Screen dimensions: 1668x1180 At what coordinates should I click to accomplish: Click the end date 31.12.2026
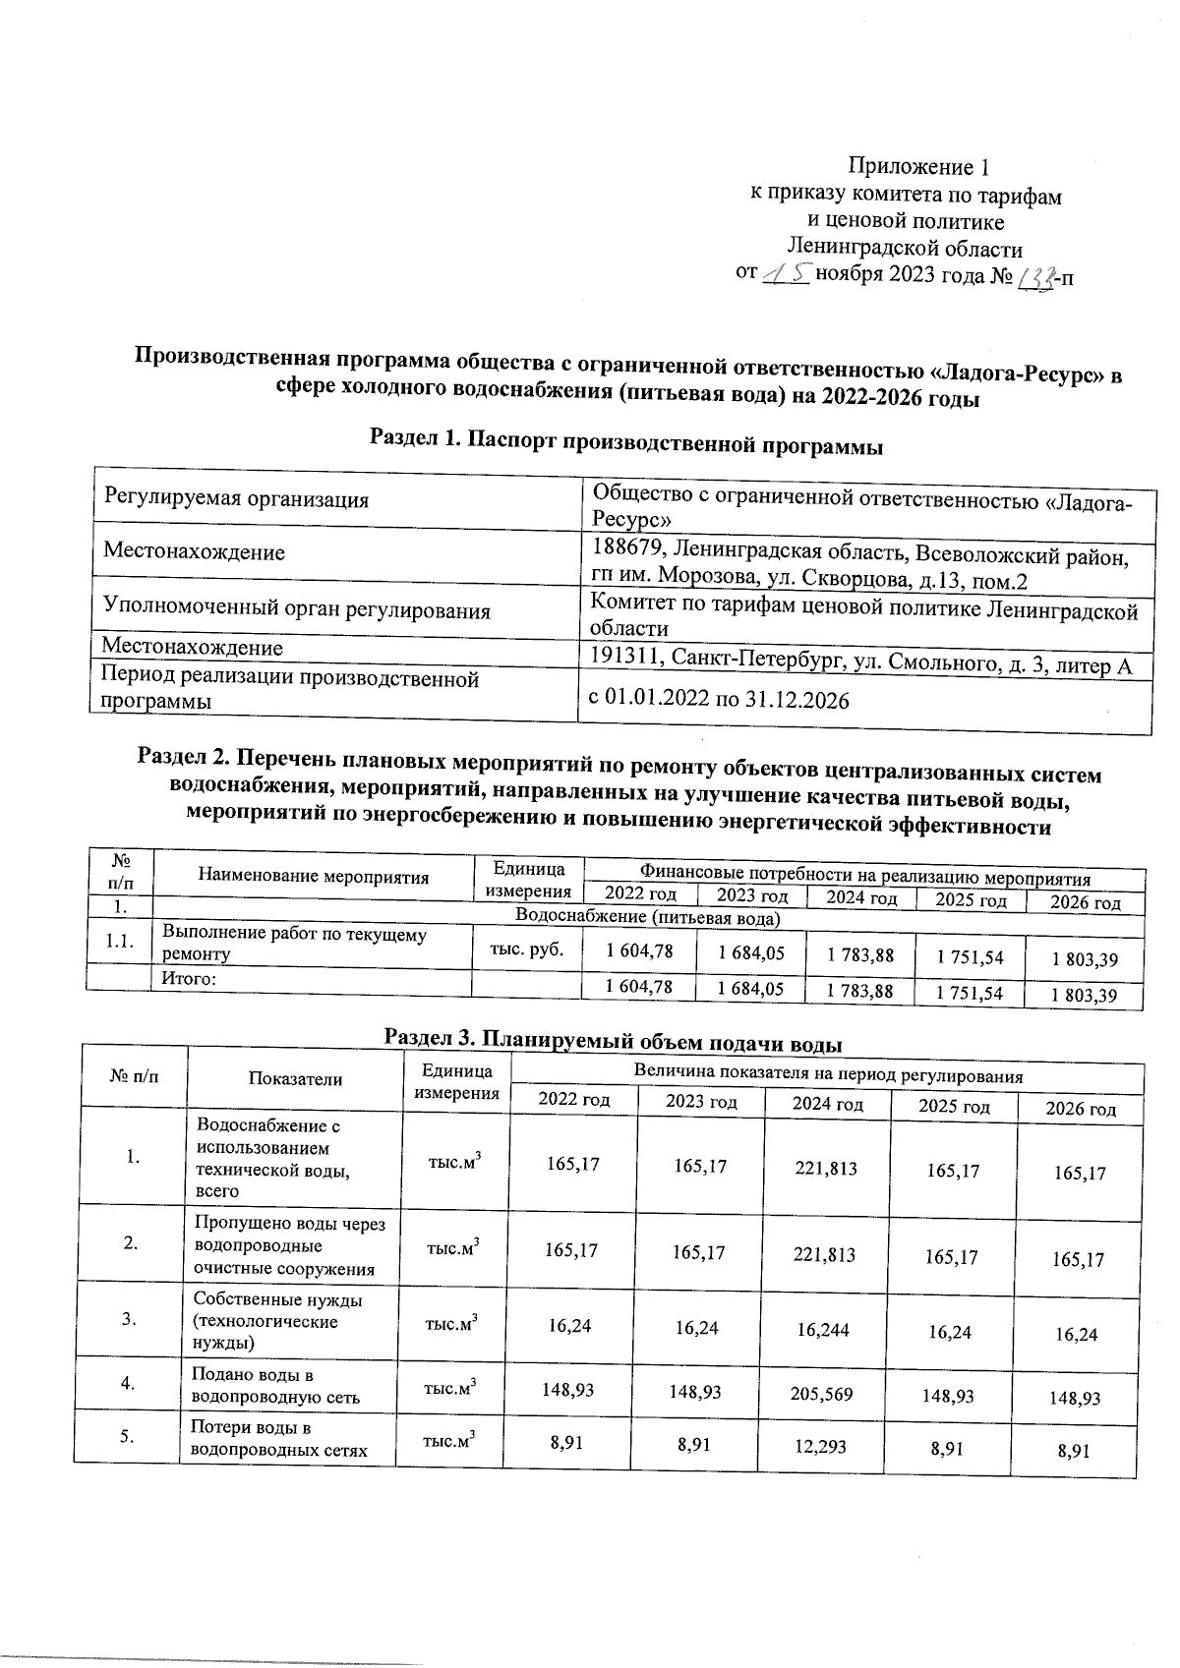(793, 700)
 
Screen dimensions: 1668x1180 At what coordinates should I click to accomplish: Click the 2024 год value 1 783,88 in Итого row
(859, 992)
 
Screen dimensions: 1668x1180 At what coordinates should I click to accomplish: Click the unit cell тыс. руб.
(525, 949)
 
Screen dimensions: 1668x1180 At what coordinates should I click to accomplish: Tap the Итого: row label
(189, 980)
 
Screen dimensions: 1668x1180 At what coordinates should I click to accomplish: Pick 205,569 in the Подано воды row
(826, 1394)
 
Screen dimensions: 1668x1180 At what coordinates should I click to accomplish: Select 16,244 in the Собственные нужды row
(826, 1330)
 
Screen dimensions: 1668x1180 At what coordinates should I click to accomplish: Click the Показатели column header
(295, 1079)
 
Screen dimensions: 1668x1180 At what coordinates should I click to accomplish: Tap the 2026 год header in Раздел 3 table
(1080, 1109)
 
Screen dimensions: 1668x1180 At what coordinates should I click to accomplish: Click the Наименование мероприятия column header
(314, 877)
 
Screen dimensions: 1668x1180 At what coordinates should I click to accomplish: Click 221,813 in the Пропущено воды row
(826, 1255)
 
